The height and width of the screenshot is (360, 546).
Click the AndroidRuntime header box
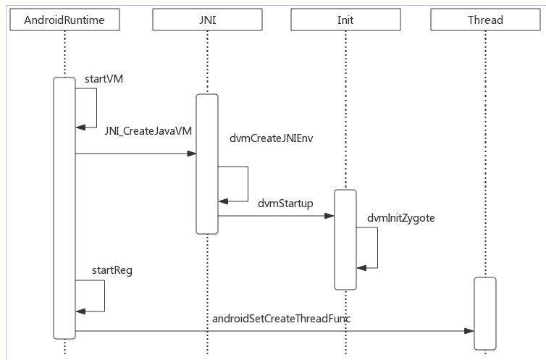click(64, 20)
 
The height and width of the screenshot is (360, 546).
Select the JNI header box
click(207, 20)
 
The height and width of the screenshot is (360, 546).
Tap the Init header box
click(345, 20)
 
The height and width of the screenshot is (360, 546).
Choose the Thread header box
click(485, 20)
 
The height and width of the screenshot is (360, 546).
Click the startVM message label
click(104, 79)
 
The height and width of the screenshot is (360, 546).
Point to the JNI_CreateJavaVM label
click(148, 131)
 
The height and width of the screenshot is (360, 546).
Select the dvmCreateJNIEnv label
click(272, 138)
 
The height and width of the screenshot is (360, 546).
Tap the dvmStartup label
click(285, 204)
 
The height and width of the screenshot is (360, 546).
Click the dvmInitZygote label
click(400, 218)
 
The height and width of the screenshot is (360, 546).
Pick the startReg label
click(112, 270)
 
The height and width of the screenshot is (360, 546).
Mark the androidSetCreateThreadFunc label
click(282, 319)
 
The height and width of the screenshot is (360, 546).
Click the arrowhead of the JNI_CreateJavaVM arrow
click(191, 154)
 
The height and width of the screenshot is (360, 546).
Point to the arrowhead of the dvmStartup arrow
click(329, 216)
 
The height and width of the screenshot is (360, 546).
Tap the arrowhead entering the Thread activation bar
click(469, 331)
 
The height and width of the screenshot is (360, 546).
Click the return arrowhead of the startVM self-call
click(80, 127)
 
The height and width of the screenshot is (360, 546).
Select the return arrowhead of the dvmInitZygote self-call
click(361, 268)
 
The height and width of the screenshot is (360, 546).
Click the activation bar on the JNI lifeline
click(207, 164)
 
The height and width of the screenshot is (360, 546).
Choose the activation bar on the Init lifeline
click(345, 240)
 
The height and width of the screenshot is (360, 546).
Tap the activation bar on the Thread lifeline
click(485, 314)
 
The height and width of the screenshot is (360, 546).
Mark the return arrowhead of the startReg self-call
click(80, 311)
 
